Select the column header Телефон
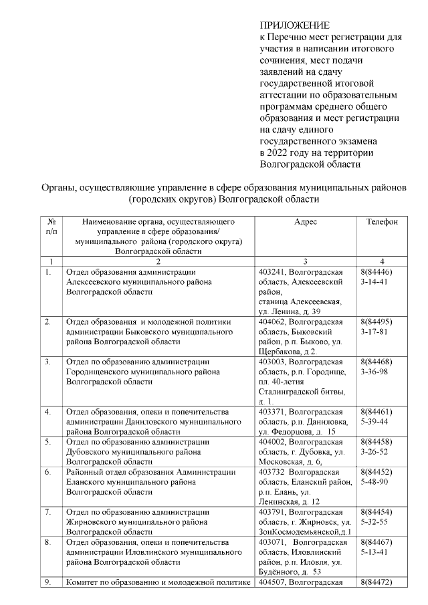(382, 221)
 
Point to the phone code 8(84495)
(376, 322)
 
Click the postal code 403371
(272, 411)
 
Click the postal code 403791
(272, 511)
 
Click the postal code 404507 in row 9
(272, 582)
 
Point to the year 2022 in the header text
(281, 152)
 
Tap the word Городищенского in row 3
(98, 372)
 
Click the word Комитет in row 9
(82, 582)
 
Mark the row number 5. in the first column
(48, 441)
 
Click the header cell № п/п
(51, 226)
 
